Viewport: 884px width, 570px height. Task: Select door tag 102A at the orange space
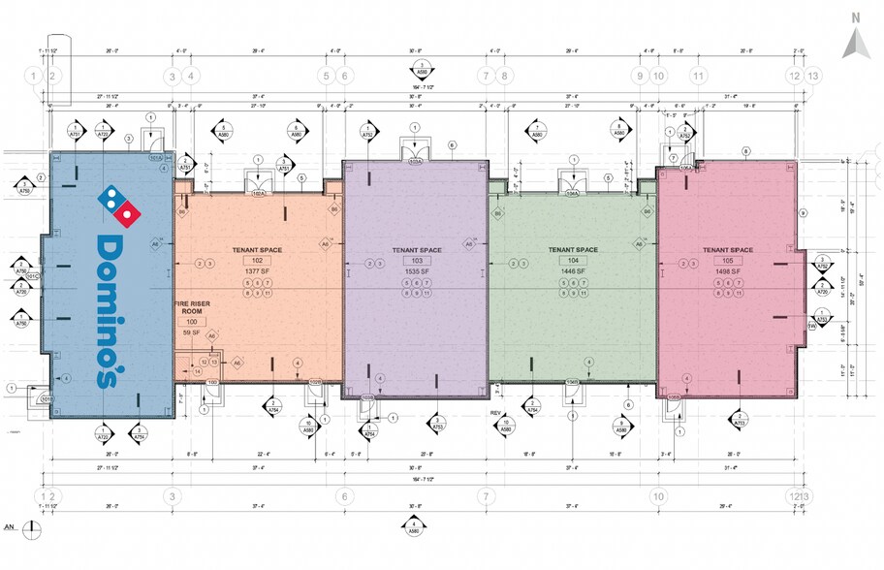pos(258,193)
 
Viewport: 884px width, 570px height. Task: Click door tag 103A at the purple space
pos(415,162)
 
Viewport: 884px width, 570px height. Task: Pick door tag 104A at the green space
pos(572,193)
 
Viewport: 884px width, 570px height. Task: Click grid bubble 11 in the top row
pos(697,76)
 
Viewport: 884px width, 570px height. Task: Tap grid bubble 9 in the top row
pos(639,76)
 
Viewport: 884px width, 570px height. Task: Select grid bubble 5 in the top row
pos(326,76)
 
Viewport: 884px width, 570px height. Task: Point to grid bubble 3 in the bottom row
pos(173,496)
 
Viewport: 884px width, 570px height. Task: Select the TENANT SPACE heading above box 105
pos(733,249)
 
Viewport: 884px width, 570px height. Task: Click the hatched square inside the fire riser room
pos(197,371)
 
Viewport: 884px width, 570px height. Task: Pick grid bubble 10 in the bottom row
pos(657,496)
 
